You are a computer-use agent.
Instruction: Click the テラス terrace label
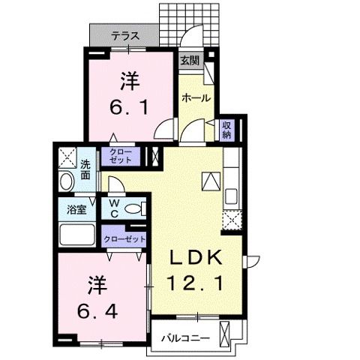coord(124,35)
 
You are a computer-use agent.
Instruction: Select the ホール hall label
coord(196,97)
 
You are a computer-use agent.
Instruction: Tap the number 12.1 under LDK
coord(193,283)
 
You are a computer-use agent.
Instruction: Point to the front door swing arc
coord(193,35)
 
